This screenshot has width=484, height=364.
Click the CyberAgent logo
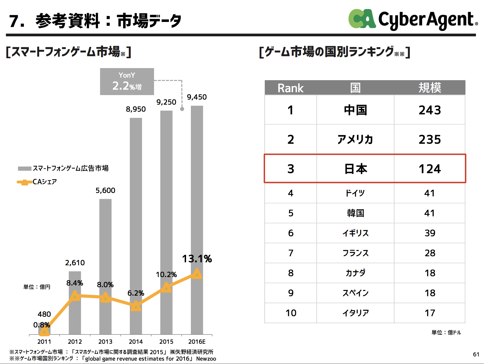(413, 19)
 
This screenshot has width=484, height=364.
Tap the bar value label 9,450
(197, 97)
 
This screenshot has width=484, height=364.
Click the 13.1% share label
(197, 259)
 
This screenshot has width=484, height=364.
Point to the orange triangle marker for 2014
(136, 306)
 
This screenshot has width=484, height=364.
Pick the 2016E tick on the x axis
(197, 341)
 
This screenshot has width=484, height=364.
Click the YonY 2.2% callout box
(127, 82)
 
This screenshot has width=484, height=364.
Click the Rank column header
(291, 88)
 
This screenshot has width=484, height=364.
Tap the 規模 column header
(430, 88)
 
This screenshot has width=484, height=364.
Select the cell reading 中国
(356, 110)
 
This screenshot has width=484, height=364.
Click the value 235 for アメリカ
(430, 140)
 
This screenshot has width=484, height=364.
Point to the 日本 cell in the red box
(356, 169)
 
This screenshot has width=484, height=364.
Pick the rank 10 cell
(291, 313)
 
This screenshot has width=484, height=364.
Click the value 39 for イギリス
(430, 233)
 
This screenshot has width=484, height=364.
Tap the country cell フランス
(356, 253)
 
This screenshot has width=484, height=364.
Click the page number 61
(476, 354)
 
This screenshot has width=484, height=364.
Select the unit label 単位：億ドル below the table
(446, 332)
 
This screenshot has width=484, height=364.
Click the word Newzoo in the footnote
(206, 359)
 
